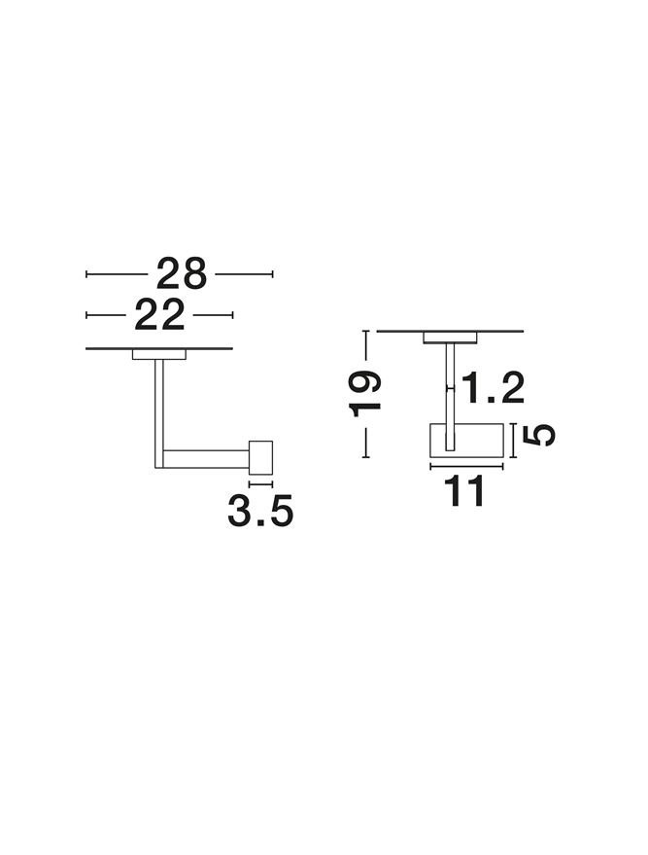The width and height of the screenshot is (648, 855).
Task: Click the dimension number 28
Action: [x=182, y=273]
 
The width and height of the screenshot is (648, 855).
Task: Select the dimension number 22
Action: [x=159, y=314]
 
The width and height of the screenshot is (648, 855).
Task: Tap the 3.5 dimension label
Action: [x=260, y=511]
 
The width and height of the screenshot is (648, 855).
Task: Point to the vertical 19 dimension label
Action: [x=365, y=393]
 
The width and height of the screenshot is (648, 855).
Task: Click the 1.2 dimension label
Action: [x=493, y=388]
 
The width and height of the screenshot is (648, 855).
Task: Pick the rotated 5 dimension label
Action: [x=538, y=435]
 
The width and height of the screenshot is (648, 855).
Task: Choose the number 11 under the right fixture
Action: [x=464, y=491]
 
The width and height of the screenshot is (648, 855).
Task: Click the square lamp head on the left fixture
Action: [x=260, y=457]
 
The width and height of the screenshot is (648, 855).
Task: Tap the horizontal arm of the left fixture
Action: [x=206, y=459]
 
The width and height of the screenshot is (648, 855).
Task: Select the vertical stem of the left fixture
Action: [x=159, y=413]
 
